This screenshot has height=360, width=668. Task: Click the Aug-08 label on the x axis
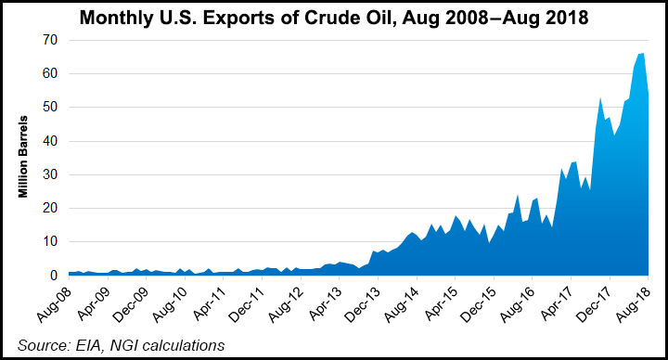tap(56, 302)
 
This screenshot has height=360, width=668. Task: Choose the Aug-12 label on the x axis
tap(288, 302)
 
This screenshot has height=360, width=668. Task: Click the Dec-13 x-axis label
tap(365, 302)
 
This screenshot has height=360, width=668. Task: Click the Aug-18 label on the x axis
tap(636, 302)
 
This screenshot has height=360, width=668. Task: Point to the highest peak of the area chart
tap(641, 55)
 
